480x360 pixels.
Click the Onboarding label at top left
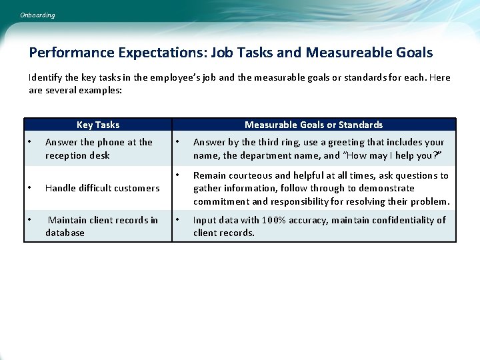click(37, 15)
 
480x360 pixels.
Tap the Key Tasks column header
click(98, 125)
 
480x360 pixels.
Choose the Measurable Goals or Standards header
click(313, 125)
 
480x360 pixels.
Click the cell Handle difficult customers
click(102, 188)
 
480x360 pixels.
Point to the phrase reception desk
click(77, 155)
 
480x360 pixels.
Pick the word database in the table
click(65, 233)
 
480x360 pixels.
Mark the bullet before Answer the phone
click(30, 142)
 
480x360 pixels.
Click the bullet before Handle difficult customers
click(30, 188)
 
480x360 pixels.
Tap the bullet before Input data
click(177, 220)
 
